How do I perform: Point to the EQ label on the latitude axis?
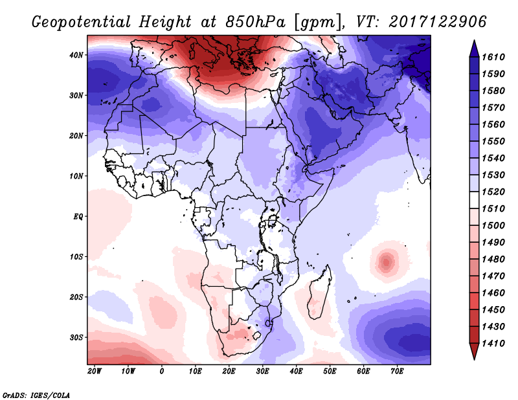(79, 216)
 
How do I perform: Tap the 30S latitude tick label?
(77, 337)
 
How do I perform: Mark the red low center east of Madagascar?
(387, 262)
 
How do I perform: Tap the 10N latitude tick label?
(77, 176)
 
